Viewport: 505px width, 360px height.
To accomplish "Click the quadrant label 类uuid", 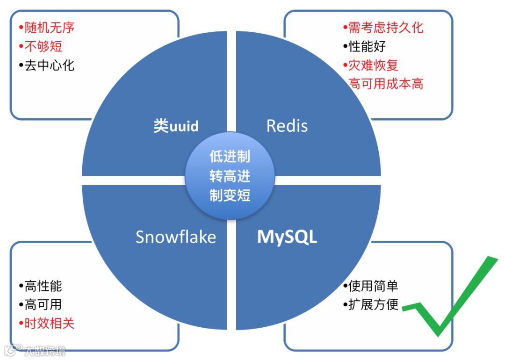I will click(176, 126).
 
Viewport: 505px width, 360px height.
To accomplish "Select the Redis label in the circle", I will click(287, 126).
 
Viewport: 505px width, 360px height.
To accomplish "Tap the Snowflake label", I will click(176, 237).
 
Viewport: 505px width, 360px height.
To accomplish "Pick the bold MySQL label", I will click(287, 237).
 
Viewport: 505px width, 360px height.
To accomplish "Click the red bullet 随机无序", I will click(47, 28).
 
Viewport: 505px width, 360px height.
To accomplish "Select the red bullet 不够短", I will click(41, 46).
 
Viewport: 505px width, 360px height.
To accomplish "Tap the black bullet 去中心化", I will click(47, 65).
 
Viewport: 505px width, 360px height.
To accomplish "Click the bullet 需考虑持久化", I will click(383, 28).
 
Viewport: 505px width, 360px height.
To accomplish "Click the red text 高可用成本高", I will click(386, 84).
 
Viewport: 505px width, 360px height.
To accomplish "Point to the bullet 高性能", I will click(41, 286).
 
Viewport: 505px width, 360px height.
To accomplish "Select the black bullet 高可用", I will click(41, 305).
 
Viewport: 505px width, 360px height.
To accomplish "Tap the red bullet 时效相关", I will click(47, 324).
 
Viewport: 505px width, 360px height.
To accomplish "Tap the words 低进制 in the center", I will click(230, 157).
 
